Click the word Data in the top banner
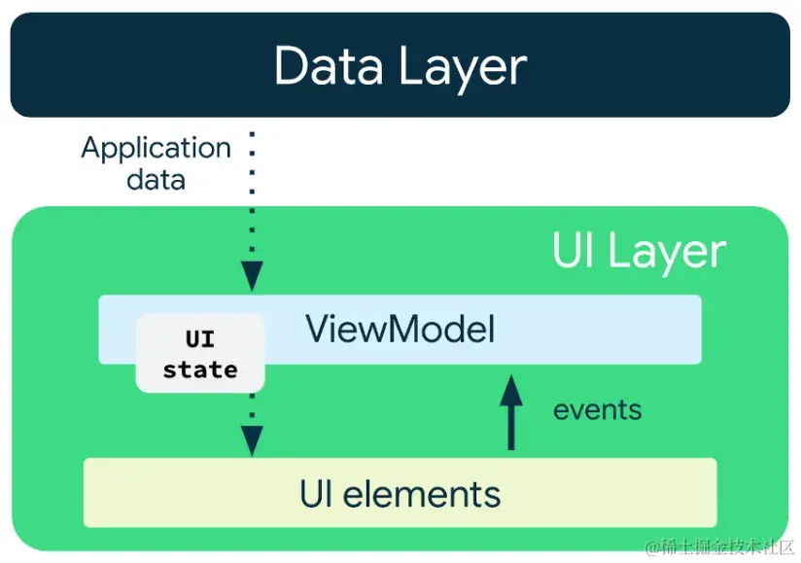coord(329,65)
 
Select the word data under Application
coord(156,180)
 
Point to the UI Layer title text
coord(639,252)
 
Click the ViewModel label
coord(400,329)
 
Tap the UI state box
coord(200,353)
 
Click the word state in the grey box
coord(200,369)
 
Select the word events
coord(597,409)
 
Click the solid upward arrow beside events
coord(511,412)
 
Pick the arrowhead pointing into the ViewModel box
coord(252,276)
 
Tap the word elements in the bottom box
coord(422,495)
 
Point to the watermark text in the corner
coord(720,547)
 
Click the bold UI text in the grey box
coord(199,339)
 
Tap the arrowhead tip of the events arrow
coord(511,375)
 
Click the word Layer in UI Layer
coord(667,254)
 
